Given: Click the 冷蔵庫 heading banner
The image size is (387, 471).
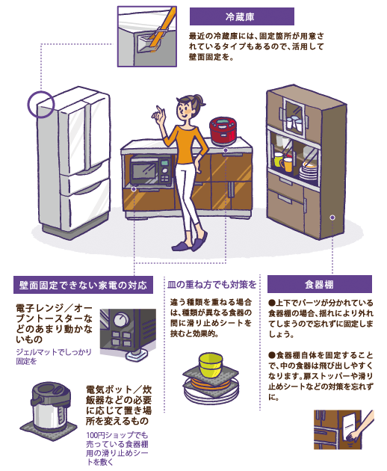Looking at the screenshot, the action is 241,16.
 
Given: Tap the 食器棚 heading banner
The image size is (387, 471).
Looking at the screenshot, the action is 320,284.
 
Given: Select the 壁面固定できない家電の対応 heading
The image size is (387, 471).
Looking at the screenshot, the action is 83,285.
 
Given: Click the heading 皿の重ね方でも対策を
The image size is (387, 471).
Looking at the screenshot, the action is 211,284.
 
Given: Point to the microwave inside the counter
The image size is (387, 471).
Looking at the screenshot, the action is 151,170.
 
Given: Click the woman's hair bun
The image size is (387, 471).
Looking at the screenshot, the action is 199,100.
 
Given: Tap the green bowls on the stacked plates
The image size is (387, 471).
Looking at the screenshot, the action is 211,364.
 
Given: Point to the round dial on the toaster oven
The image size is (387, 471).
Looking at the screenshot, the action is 121,319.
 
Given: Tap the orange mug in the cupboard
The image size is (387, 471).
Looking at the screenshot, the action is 287,164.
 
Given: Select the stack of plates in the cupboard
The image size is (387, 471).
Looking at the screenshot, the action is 308,171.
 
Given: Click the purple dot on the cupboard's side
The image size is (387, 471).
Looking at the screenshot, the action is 332,218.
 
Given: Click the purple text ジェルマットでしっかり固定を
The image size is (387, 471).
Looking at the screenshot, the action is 54,357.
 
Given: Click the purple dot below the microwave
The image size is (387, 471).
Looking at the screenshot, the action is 134,189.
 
